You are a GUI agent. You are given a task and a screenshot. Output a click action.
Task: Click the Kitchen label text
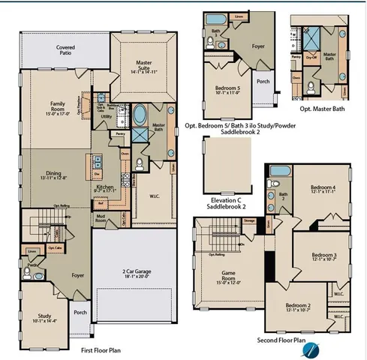pos(104,187)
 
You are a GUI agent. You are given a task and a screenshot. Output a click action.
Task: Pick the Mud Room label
pos(101,218)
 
